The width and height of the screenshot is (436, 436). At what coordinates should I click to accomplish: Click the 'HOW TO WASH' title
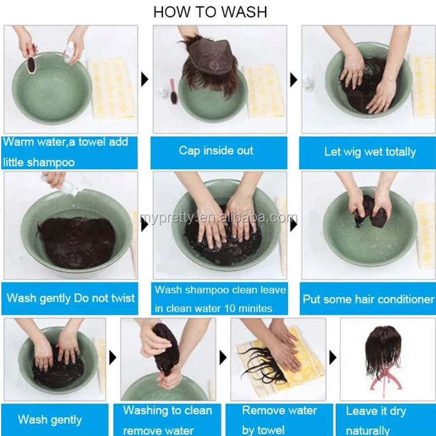click(210, 12)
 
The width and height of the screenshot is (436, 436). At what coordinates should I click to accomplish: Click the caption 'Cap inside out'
click(216, 151)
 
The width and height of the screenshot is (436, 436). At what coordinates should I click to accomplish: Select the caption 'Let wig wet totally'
click(370, 152)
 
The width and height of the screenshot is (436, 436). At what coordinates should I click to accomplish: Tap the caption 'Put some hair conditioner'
click(368, 299)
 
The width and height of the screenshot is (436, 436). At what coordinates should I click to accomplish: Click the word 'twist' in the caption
click(123, 298)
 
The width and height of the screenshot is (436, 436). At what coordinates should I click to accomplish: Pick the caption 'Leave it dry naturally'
click(376, 421)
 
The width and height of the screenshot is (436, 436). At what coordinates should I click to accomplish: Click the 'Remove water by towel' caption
click(279, 420)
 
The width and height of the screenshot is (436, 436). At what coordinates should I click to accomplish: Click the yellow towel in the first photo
click(112, 88)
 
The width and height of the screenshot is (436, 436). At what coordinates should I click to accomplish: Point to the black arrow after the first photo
click(145, 80)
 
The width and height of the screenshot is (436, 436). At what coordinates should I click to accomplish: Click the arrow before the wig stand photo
click(333, 358)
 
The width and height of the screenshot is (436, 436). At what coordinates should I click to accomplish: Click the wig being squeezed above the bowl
click(166, 348)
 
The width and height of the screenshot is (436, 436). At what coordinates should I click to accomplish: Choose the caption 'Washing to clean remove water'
click(167, 420)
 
